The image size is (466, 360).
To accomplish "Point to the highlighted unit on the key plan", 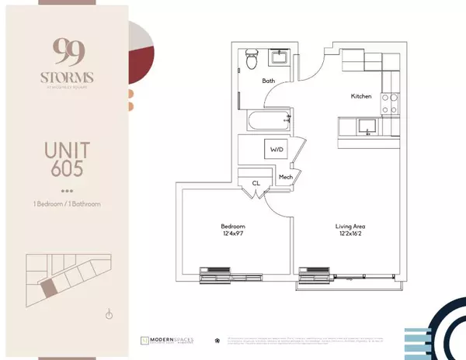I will pos(49,288).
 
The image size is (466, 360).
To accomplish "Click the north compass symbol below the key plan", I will pos(110,313).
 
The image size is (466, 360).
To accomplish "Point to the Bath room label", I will pos(269,81).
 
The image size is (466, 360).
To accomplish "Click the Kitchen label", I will pos(362,96).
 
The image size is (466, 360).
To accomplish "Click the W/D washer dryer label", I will pos(276,150).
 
